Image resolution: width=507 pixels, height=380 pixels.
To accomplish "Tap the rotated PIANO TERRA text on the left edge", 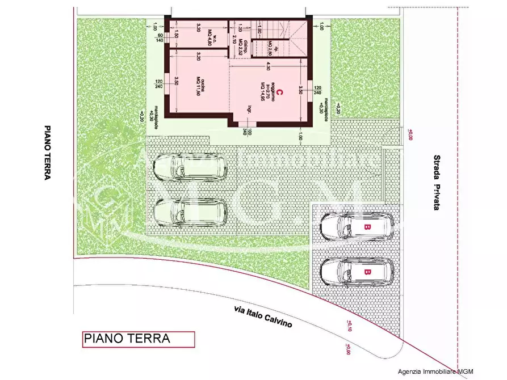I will coord(48,153).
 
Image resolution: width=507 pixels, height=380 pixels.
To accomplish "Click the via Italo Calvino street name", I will coord(263,316).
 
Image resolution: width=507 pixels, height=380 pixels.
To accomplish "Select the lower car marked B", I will coord(357,272).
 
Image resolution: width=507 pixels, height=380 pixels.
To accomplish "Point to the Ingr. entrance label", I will coord(248,110).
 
